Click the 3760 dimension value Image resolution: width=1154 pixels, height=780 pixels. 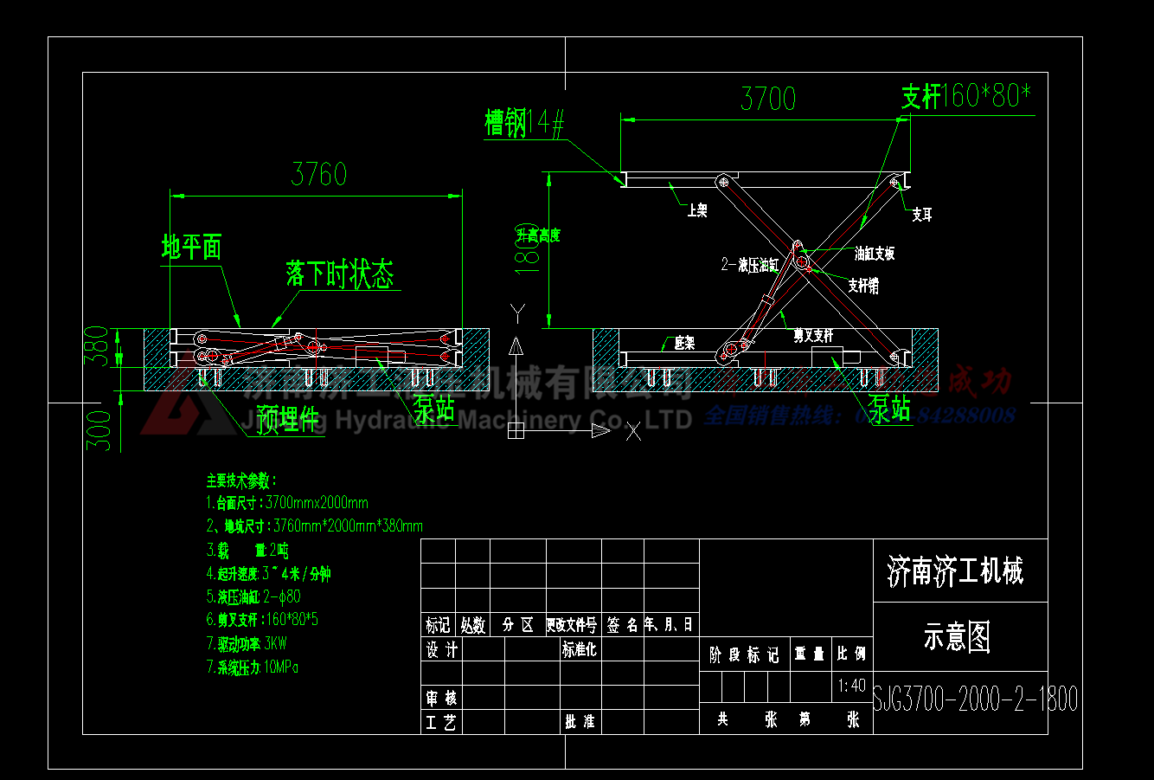(x=318, y=174)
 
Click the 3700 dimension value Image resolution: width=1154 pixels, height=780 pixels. (x=768, y=99)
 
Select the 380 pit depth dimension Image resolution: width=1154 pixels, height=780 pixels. (x=100, y=346)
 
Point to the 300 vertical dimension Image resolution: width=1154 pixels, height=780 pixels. (x=101, y=430)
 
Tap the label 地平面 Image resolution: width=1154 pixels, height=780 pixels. (x=192, y=248)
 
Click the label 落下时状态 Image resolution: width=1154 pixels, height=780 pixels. (x=340, y=274)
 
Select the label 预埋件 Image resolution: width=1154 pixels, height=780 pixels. (x=290, y=420)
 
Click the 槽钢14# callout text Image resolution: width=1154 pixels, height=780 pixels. (x=524, y=123)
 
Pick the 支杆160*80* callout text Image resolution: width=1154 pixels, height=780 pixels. (x=966, y=96)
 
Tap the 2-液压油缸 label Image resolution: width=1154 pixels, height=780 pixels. (x=750, y=265)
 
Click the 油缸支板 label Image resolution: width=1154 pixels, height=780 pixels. (x=875, y=254)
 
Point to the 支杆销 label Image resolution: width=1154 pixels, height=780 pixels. (x=863, y=286)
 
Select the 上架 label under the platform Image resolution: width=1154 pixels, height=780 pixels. (x=697, y=210)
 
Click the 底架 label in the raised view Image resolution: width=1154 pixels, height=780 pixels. (x=684, y=344)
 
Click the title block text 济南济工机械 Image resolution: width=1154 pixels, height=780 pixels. (x=955, y=571)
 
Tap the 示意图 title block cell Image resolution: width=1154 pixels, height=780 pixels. (x=957, y=637)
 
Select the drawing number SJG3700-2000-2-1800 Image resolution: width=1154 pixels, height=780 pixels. (x=975, y=699)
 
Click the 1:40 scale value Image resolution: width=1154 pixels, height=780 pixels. (x=851, y=686)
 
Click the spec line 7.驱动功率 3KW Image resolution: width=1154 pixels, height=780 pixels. (x=247, y=643)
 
